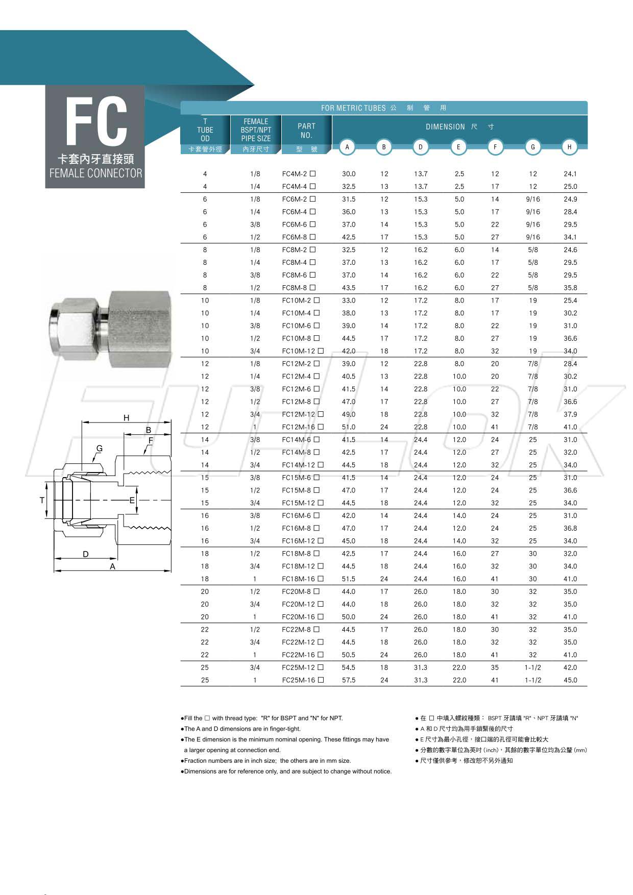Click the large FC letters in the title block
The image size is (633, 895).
point(96,122)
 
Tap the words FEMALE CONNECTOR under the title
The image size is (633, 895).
point(95,173)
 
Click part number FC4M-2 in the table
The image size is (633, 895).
point(295,174)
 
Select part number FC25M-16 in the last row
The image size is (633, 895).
point(299,680)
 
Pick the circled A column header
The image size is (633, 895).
point(347,147)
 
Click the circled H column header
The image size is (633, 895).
point(569,147)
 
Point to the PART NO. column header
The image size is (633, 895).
point(306,131)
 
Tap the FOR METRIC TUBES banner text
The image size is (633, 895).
point(353,108)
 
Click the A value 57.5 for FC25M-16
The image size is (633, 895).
point(349,680)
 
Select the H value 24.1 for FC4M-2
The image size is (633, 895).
point(570,174)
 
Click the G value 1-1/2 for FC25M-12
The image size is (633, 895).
point(532,667)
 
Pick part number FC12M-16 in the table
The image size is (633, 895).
point(299,427)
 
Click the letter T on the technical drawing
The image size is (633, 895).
point(42,500)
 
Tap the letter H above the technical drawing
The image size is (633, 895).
point(127,418)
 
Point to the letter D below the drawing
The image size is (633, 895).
point(86,554)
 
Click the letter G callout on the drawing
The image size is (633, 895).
point(100,449)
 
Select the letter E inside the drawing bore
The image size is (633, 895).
point(132,500)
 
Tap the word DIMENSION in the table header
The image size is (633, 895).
point(445,127)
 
